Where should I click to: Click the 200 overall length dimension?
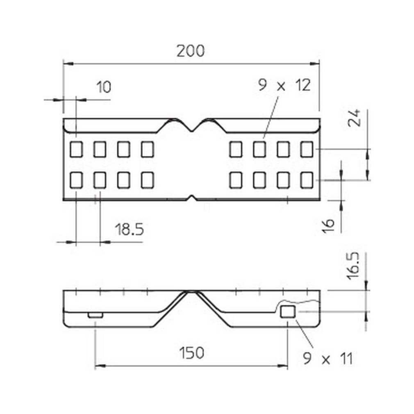coord(190,51)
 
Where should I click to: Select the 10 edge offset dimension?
coord(104,87)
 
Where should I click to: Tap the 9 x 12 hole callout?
coord(284,85)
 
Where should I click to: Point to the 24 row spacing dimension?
coord(354,118)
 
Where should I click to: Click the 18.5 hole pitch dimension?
coord(130,229)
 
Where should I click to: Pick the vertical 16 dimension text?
coord(328,226)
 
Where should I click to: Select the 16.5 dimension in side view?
coord(353,266)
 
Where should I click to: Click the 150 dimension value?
coord(192,353)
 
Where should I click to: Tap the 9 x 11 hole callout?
coord(328,359)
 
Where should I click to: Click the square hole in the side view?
coord(287,312)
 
